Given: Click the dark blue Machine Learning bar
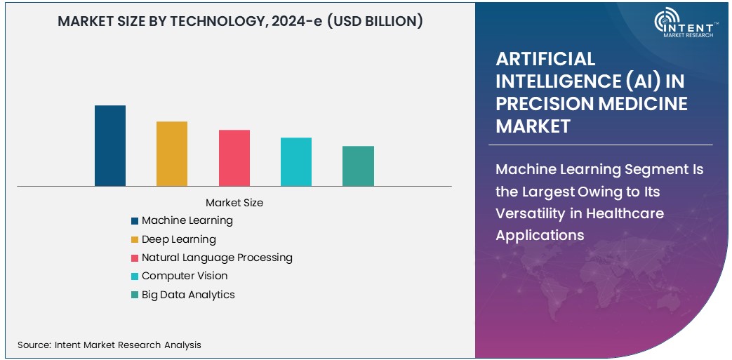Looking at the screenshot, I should [110, 146].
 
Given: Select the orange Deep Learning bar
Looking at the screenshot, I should [172, 154].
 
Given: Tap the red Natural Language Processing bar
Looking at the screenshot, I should [234, 158].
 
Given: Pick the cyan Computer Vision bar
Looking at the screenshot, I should [296, 162].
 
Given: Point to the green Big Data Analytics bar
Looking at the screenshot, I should [358, 166].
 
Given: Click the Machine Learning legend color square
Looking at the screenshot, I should [134, 221].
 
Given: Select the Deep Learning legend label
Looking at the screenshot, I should [179, 239].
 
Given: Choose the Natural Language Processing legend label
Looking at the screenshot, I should [217, 258].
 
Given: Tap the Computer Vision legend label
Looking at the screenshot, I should [185, 276].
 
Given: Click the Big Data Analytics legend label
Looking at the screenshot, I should [188, 295].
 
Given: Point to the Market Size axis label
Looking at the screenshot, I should [234, 203].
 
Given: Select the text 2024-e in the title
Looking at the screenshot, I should [307, 22].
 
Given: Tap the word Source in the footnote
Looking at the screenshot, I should [32, 345].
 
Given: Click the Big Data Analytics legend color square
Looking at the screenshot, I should [134, 295].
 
